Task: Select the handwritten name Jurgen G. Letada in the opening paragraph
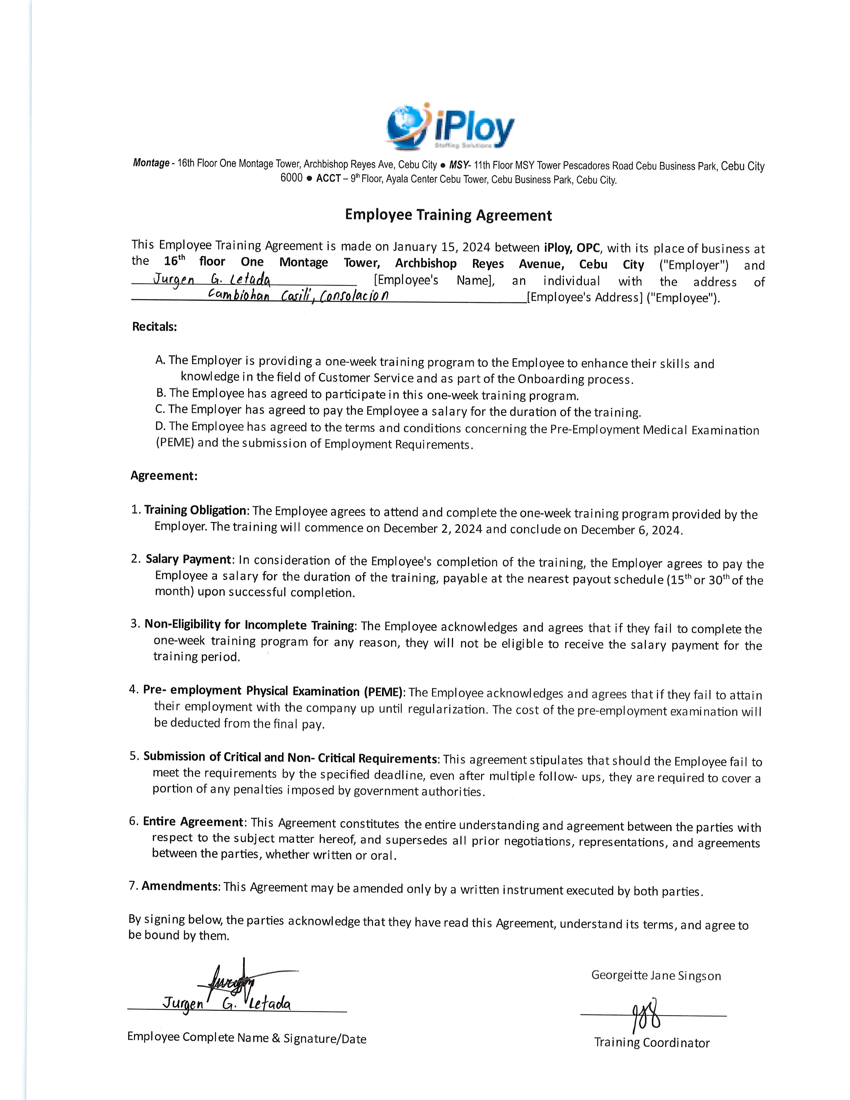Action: tap(211, 280)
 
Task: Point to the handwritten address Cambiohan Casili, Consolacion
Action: tap(298, 296)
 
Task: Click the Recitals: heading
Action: tap(155, 326)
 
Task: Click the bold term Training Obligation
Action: tap(195, 510)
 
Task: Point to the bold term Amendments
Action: tap(180, 886)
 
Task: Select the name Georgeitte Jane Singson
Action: tap(656, 976)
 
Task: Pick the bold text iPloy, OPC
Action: tap(572, 247)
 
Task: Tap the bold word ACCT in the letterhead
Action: tap(328, 179)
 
